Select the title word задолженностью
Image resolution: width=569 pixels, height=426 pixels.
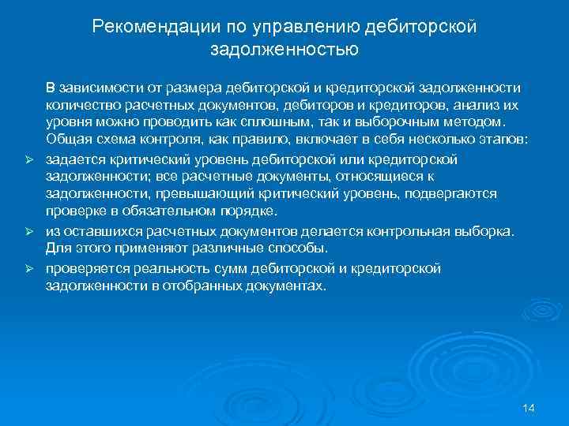click(x=284, y=50)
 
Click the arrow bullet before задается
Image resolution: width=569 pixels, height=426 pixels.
click(x=27, y=160)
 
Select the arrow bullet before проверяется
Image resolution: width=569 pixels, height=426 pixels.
click(x=27, y=269)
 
